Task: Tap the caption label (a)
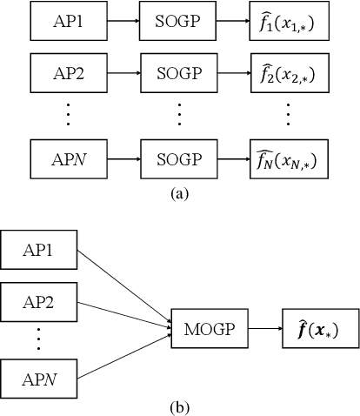(180, 194)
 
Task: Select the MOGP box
(210, 330)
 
